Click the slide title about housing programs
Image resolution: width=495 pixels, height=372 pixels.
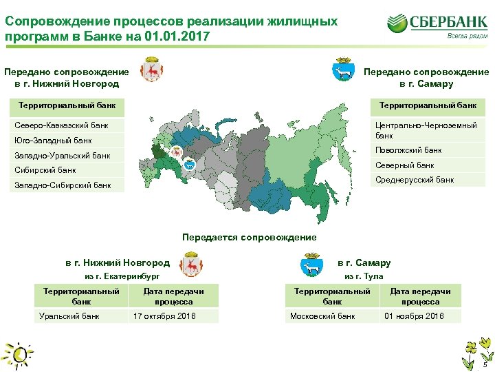coord(171,28)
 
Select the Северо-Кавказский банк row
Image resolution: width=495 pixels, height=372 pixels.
coord(62,126)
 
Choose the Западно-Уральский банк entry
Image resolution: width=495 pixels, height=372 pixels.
coord(63,156)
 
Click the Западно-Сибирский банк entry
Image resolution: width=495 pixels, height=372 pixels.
coord(63,185)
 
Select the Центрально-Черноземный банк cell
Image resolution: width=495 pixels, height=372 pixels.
coord(426,130)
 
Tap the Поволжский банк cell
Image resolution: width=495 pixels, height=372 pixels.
coord(409,150)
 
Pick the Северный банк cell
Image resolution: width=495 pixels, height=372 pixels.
coord(405,165)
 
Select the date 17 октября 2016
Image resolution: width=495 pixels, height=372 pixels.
coord(164,316)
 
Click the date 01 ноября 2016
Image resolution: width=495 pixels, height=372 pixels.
coord(414,316)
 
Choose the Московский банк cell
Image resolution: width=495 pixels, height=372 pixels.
coord(323,316)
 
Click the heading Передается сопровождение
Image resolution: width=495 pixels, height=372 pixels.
coord(249,238)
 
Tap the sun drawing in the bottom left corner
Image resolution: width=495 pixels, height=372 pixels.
coord(18,355)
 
